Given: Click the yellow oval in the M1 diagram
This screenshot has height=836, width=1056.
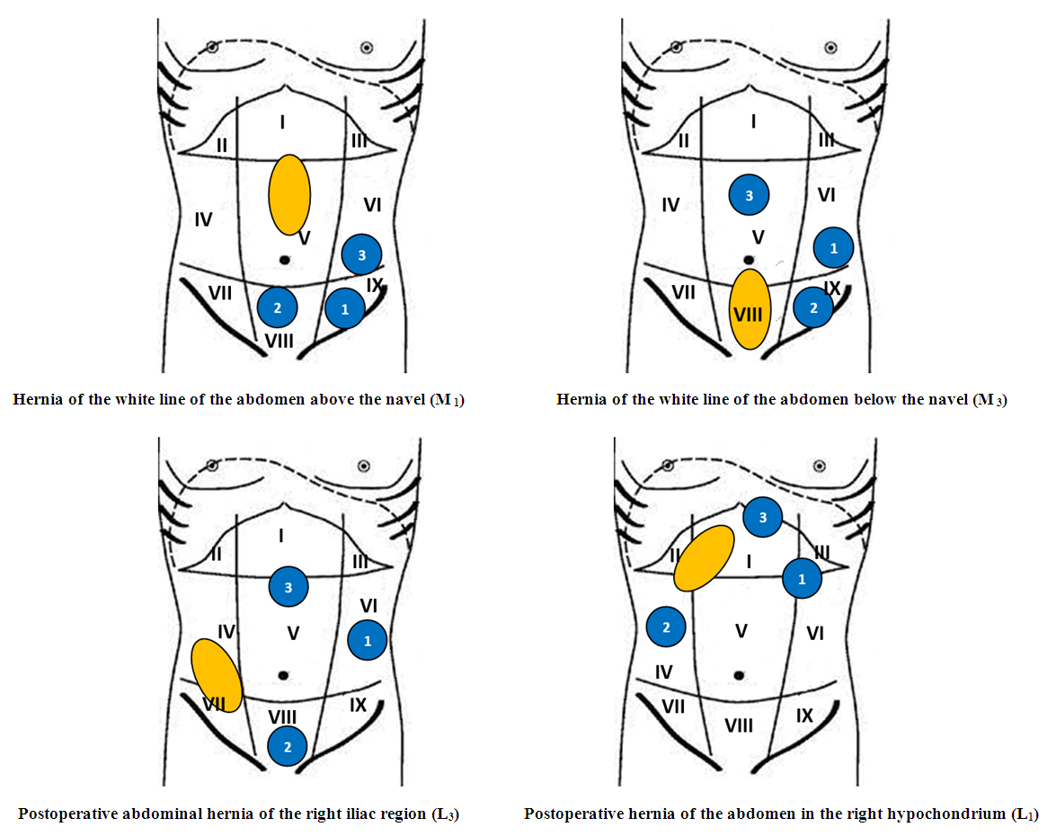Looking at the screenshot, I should point(289,194).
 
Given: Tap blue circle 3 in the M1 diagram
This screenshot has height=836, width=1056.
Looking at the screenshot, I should point(361,254).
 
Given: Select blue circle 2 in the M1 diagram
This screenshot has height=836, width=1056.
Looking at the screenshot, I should point(277,308).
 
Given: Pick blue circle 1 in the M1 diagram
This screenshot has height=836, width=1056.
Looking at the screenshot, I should point(345,309).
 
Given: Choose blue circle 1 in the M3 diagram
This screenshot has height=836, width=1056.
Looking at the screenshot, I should point(834,247).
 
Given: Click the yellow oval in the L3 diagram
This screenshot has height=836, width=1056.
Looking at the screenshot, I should point(217,676).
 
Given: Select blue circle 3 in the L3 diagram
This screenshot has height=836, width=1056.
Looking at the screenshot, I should point(288,588).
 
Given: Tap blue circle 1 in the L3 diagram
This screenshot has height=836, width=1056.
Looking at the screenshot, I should point(367,641).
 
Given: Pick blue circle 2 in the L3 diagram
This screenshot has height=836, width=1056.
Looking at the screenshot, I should point(288,746).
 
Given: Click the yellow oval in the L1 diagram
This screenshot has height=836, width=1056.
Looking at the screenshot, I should point(705,558).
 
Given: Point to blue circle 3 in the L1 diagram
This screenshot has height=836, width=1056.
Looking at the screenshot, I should point(763,517).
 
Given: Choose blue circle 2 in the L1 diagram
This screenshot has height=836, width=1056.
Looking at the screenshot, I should point(666,627).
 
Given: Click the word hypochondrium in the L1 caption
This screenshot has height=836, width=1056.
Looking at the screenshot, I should point(939,815).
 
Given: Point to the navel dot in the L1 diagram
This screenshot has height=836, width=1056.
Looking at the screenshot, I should point(739,674).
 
